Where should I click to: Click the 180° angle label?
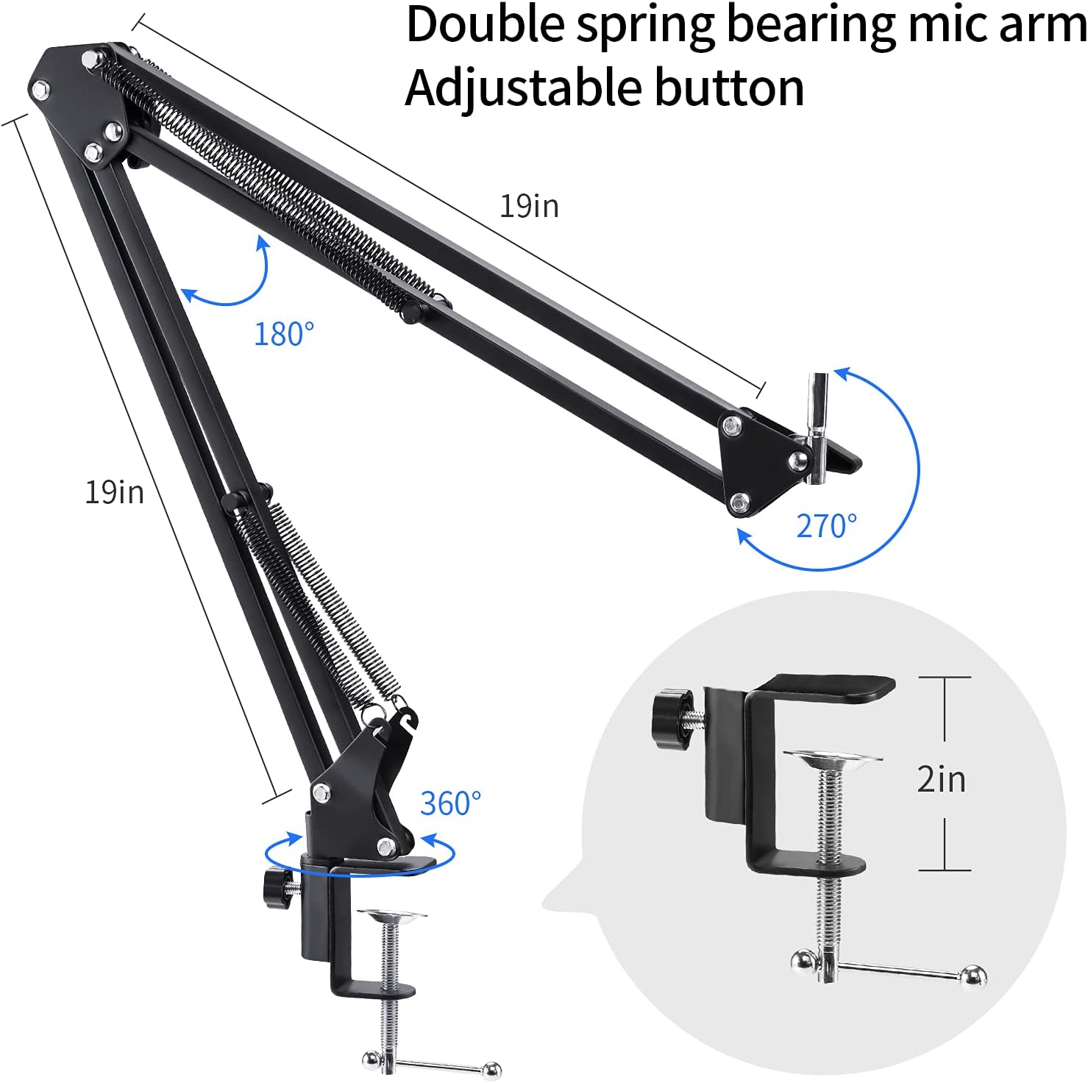284,335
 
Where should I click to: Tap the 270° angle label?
827,526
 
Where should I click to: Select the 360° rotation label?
450,803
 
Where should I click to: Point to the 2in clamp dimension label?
941,778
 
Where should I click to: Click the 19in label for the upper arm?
530,206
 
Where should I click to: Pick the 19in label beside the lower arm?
115,492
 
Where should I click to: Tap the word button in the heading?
728,88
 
